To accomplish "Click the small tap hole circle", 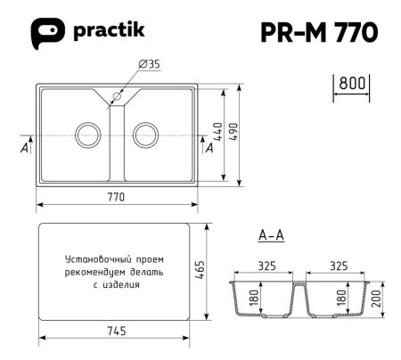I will [118, 95].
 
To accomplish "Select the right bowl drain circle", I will [144, 135].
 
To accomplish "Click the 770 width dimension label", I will [116, 196].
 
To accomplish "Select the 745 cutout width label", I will [116, 331].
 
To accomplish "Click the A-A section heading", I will [270, 236].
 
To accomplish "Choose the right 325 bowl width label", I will [339, 265].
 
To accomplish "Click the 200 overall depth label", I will [378, 300].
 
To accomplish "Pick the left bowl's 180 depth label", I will [254, 298].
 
